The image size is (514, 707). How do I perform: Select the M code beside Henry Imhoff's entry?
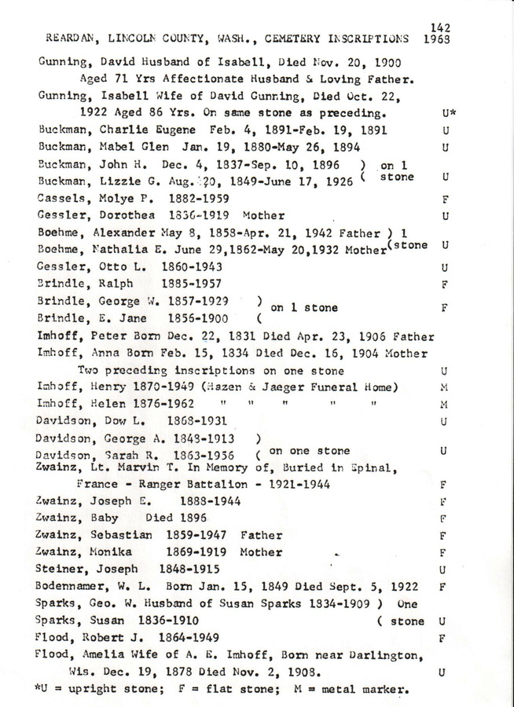444,387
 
